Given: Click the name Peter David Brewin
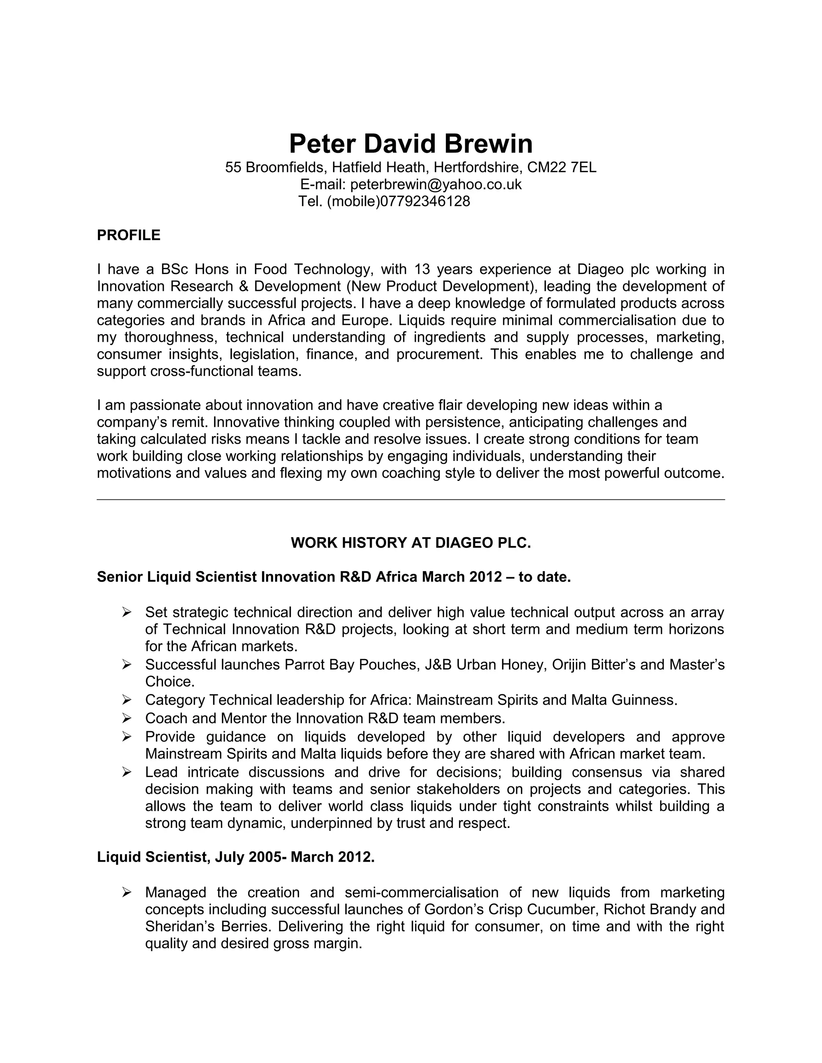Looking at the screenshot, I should pyautogui.click(x=411, y=144).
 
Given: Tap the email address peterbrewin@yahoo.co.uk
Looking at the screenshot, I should pyautogui.click(x=436, y=185).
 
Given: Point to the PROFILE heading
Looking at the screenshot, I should pyautogui.click(x=128, y=235).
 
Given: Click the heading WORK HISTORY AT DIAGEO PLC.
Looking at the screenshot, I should pyautogui.click(x=411, y=543).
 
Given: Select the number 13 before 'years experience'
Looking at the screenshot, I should pyautogui.click(x=422, y=269).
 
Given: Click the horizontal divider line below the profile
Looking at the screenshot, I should pyautogui.click(x=411, y=499).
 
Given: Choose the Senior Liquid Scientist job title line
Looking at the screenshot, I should pyautogui.click(x=334, y=577).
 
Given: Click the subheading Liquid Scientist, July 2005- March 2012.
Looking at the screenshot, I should pyautogui.click(x=236, y=857).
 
